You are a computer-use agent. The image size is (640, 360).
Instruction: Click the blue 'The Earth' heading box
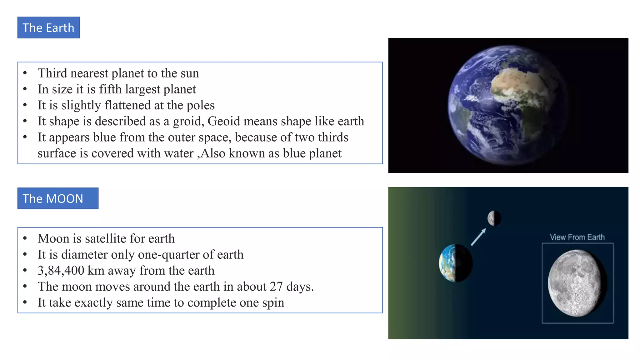[48, 28]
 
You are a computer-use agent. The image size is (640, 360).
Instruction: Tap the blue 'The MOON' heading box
[58, 198]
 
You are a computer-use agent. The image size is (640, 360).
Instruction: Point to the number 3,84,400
[61, 271]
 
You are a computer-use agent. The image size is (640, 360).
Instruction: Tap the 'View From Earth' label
[577, 237]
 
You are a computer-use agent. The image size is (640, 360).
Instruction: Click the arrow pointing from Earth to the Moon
[478, 237]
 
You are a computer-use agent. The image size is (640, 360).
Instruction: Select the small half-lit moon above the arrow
[494, 218]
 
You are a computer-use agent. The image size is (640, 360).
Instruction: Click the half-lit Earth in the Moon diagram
[456, 263]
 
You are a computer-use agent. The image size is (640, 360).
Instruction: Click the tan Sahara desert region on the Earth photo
[516, 81]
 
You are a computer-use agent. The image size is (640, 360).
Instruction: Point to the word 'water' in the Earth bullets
[179, 153]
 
